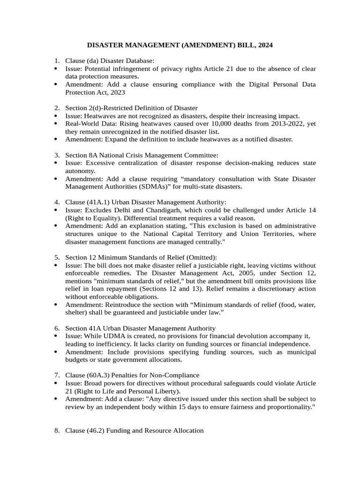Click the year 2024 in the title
(x=264, y=45)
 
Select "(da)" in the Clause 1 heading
(x=93, y=60)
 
